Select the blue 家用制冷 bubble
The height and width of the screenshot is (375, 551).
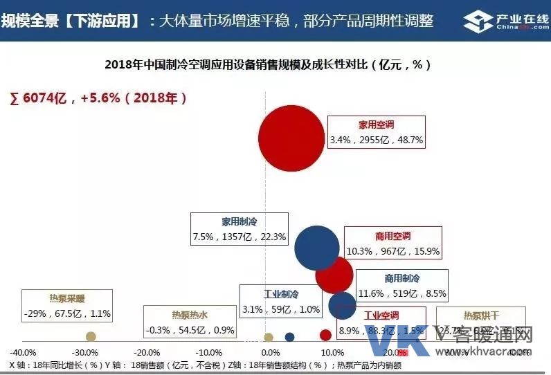[317, 248]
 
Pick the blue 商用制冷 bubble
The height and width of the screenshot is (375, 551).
[342, 305]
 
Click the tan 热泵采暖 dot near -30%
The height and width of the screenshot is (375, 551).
[91, 336]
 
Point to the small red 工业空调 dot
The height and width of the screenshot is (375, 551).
[325, 336]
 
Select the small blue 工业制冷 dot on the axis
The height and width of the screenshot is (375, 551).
[290, 337]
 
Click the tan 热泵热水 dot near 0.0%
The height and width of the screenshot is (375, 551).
[269, 337]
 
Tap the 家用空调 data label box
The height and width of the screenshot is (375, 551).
[377, 132]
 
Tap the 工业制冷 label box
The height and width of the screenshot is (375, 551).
[281, 302]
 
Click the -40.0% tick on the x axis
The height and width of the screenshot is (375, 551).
[24, 352]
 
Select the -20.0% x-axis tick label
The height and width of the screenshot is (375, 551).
[146, 352]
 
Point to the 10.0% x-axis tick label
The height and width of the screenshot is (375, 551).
[330, 352]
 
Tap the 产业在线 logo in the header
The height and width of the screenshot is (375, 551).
[502, 21]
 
